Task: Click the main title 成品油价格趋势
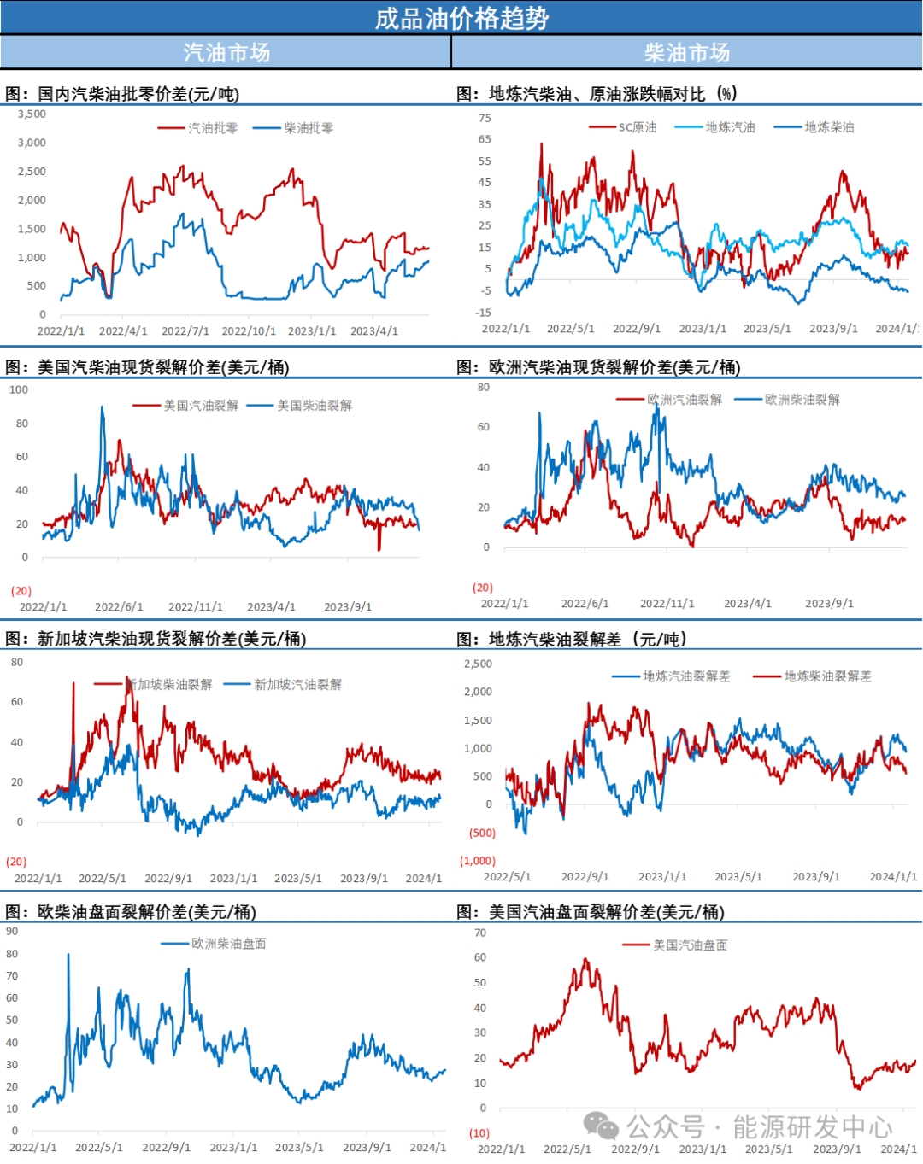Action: [x=461, y=18]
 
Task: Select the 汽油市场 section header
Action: [x=226, y=53]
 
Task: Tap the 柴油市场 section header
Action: [x=687, y=53]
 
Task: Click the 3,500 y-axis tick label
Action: [x=32, y=114]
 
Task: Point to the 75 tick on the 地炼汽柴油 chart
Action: [x=485, y=118]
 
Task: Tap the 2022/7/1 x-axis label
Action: [x=185, y=330]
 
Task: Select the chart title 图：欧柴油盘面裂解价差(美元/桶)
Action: [x=131, y=912]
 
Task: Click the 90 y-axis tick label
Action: [x=12, y=932]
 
